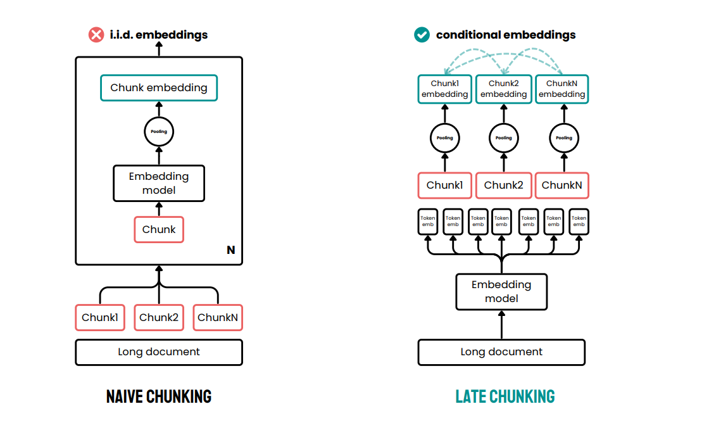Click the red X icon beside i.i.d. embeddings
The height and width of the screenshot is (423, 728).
tap(96, 35)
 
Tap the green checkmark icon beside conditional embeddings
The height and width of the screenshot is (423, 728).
tap(422, 35)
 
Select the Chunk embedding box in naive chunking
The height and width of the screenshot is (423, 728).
tap(159, 88)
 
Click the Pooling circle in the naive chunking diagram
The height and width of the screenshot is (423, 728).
tap(159, 132)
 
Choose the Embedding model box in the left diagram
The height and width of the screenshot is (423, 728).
tap(159, 183)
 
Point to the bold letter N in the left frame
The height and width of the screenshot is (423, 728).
tap(230, 250)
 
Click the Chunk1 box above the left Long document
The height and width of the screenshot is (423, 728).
tap(99, 317)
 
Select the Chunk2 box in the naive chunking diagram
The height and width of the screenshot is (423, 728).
tap(159, 317)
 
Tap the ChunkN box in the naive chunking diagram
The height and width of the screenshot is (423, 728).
tap(218, 317)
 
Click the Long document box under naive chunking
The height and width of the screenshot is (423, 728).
tap(159, 352)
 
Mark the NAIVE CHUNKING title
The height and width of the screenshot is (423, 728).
tap(159, 397)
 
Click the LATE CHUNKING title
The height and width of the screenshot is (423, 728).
tap(505, 397)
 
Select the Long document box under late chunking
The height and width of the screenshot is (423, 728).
tap(501, 352)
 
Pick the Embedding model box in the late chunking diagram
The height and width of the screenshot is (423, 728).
tap(501, 292)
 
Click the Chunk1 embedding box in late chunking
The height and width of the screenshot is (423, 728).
tap(444, 89)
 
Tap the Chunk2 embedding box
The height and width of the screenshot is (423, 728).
tap(503, 89)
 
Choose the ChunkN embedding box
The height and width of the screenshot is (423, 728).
tap(562, 89)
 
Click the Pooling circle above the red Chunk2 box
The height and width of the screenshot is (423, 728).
tap(503, 137)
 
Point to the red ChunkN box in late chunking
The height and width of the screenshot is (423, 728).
tap(562, 186)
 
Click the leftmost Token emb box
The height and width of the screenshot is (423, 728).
tap(429, 222)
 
